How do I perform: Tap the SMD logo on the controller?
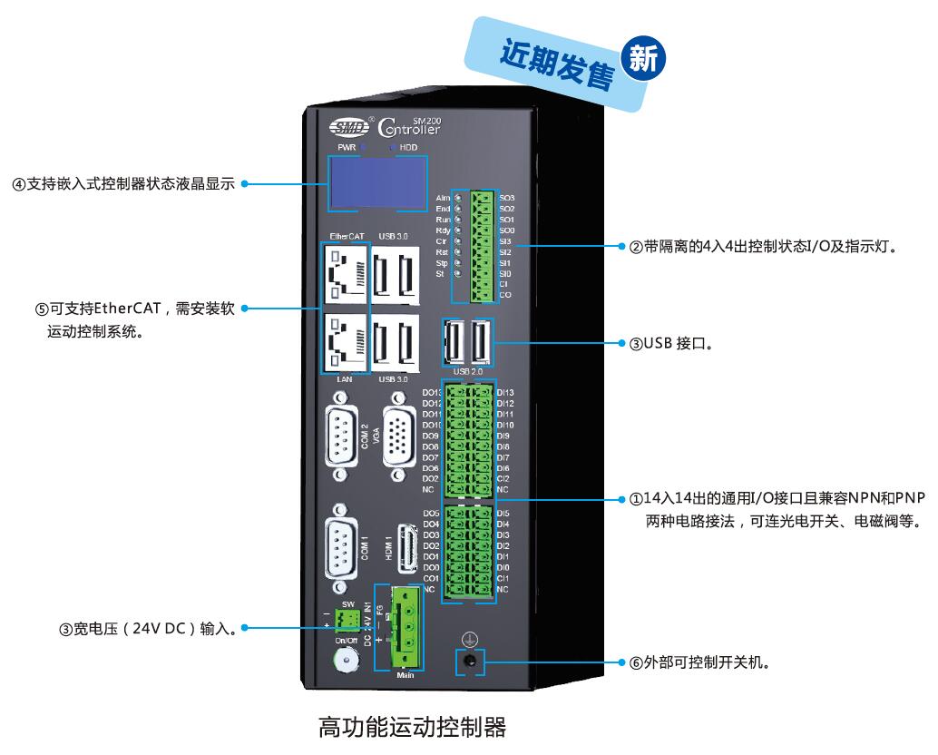pyautogui.click(x=344, y=127)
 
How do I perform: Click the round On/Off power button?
pyautogui.click(x=346, y=664)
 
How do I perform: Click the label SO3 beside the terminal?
pyautogui.click(x=507, y=198)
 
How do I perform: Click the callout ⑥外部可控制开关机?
pyautogui.click(x=699, y=662)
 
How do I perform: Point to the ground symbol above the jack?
pyautogui.click(x=468, y=639)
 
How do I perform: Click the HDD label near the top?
pyautogui.click(x=408, y=147)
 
